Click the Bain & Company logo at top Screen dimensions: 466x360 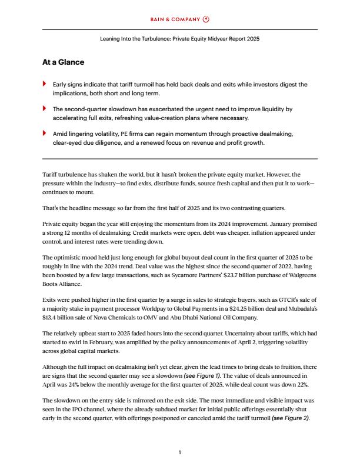tap(179, 19)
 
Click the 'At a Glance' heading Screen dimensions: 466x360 tap(63, 62)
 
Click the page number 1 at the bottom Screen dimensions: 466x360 tap(179, 452)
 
